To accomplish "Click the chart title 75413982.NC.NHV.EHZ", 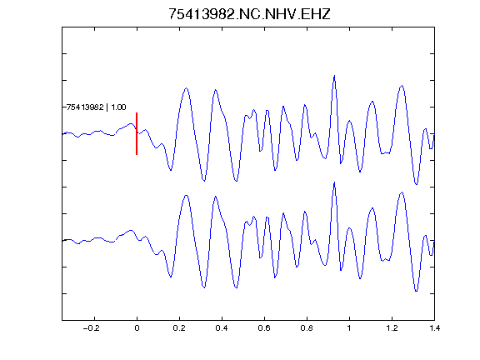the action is [x=249, y=14].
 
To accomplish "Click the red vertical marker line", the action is [x=137, y=134].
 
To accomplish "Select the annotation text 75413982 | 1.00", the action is [x=96, y=107].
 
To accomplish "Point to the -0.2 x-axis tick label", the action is [x=92, y=328].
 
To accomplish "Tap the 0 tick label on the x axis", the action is [x=137, y=328].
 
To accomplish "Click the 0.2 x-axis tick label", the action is [x=179, y=328].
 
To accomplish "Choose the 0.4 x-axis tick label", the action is [x=222, y=328].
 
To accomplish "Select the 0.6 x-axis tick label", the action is [x=264, y=328].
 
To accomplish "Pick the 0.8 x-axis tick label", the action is [x=307, y=328].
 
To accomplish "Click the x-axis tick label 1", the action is [x=349, y=328].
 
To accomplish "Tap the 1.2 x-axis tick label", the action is [x=392, y=328].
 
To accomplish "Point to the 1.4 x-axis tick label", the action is [x=434, y=328].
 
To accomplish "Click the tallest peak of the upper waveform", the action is [x=334, y=75].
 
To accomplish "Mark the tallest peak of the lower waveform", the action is [x=334, y=182].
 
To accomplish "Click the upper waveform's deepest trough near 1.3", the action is [x=416, y=184].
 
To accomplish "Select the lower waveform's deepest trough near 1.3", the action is [x=416, y=291].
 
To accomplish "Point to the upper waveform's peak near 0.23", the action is [x=186, y=88].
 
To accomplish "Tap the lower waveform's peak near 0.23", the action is [x=186, y=195].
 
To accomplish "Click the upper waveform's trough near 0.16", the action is [x=171, y=170].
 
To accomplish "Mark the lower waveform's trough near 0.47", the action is [x=236, y=287].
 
